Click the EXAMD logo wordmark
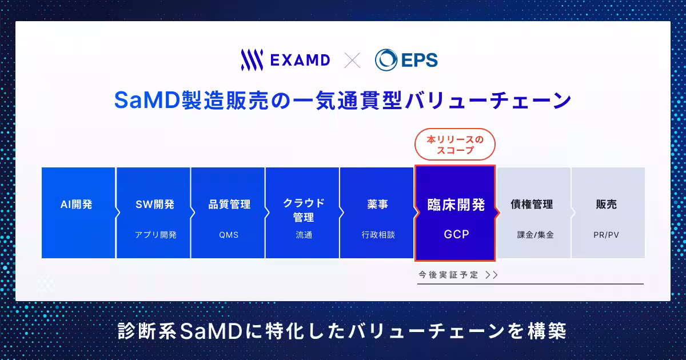click(x=300, y=60)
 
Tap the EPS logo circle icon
click(x=386, y=60)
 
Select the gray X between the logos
click(x=352, y=60)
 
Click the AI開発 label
click(x=76, y=204)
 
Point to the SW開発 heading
click(x=155, y=204)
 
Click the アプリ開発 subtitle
click(x=155, y=235)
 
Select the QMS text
click(x=229, y=235)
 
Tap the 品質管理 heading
click(x=229, y=204)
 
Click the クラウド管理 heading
click(x=304, y=210)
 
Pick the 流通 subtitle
click(x=304, y=235)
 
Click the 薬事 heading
click(x=378, y=204)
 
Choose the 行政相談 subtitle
click(x=378, y=235)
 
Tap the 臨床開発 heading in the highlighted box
click(x=456, y=205)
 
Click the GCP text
click(x=456, y=234)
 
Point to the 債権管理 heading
click(x=532, y=204)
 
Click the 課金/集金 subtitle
click(x=535, y=235)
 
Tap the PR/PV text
click(x=606, y=235)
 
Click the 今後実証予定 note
click(x=448, y=275)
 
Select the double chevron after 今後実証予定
click(x=492, y=275)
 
